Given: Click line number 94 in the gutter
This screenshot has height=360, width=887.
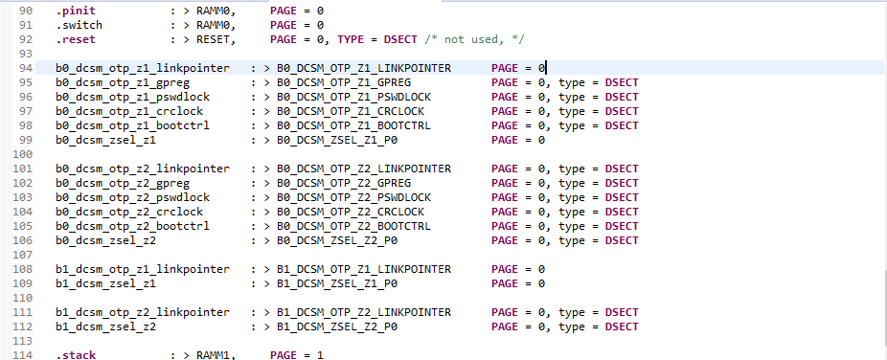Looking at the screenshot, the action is click(26, 68).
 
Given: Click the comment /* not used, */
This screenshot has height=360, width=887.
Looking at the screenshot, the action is click(480, 38).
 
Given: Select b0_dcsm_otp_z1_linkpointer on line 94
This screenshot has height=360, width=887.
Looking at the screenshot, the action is click(143, 68).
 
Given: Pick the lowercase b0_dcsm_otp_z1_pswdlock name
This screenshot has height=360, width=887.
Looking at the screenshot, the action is click(132, 97).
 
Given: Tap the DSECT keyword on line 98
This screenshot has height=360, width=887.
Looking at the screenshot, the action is click(621, 125).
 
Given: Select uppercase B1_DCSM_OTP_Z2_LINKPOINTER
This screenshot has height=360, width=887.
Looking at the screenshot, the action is click(363, 312).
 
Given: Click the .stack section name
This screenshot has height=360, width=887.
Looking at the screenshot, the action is click(75, 355).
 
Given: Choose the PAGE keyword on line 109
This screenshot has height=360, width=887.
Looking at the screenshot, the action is click(506, 283).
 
